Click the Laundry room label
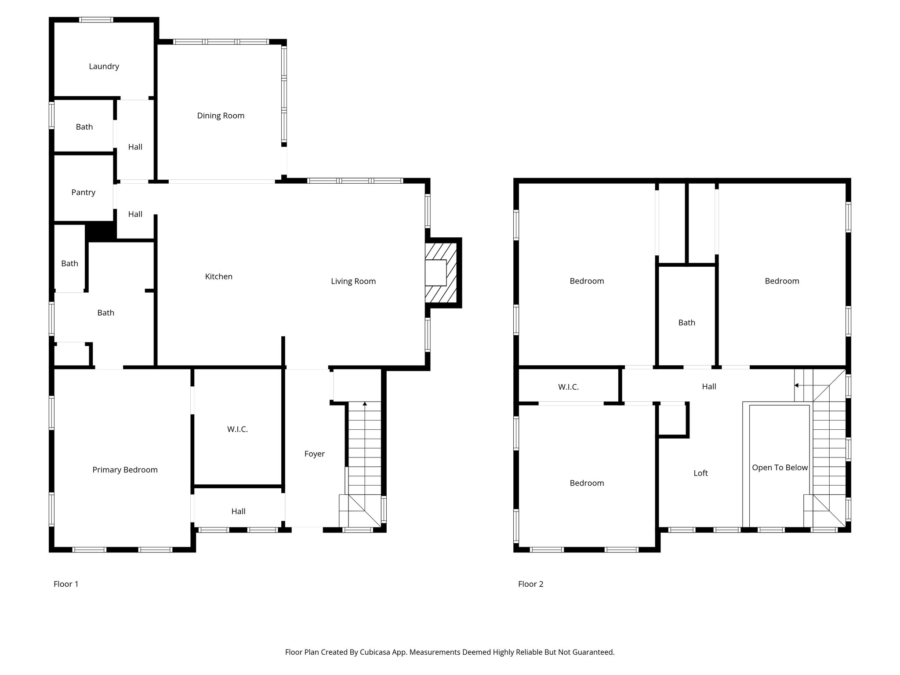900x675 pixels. pos(104,66)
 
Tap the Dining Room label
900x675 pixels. pos(221,116)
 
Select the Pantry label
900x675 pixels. pos(83,192)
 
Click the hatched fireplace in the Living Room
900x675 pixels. pos(442,272)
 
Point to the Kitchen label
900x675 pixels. pos(218,276)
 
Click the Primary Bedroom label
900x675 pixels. pos(125,470)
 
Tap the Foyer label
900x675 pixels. pos(314,454)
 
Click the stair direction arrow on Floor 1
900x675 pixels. pos(365,403)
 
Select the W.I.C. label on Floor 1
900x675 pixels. pos(237,429)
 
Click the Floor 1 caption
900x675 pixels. pos(66,584)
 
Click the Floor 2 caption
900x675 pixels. pos(530,584)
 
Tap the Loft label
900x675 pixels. pos(700,473)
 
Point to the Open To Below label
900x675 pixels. pos(780,468)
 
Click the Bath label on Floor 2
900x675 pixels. pos(686,323)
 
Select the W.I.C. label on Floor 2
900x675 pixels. pos(568,387)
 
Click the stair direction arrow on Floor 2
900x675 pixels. pos(796,385)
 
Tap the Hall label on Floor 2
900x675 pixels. pos(709,387)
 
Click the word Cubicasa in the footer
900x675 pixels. pos(376,652)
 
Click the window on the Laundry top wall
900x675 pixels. pos(96,20)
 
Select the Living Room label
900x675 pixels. pos(353,281)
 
